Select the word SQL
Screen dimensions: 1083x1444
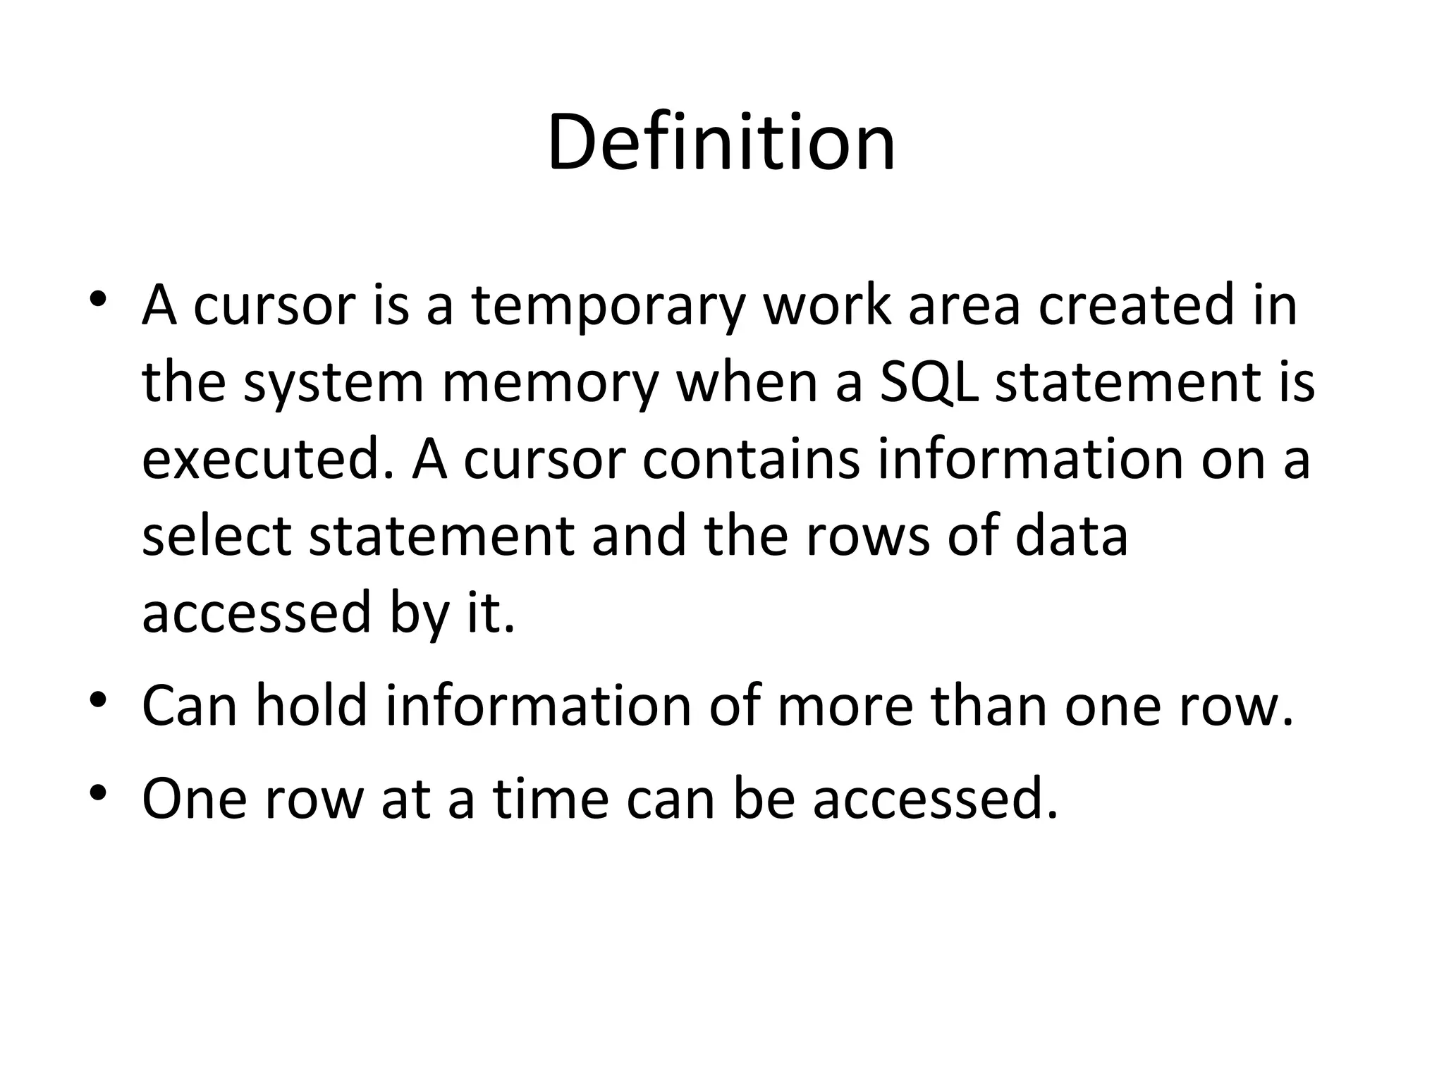pos(929,383)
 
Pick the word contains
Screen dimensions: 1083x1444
pos(752,459)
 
